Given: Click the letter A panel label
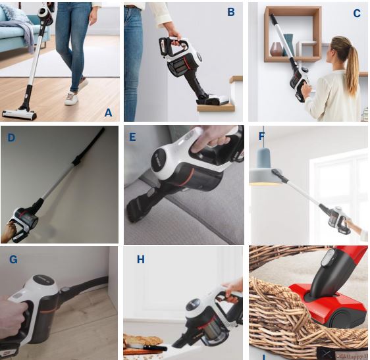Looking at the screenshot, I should [109, 113].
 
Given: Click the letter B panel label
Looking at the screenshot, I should [231, 12].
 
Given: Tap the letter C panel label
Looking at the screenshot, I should [357, 13].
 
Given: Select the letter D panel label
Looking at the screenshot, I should [11, 138].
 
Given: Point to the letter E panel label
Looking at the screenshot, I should [132, 137].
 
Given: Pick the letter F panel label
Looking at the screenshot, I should [261, 137].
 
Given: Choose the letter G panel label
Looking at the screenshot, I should [13, 259].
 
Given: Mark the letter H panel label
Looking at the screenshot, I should [140, 260].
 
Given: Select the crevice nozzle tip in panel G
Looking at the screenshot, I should [99, 281].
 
